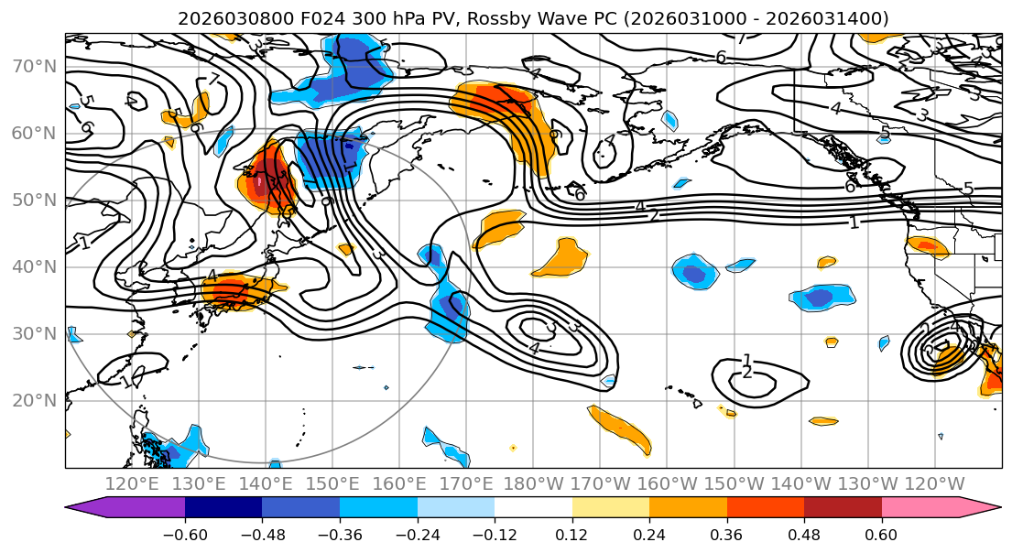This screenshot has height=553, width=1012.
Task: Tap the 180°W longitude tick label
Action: pos(533,484)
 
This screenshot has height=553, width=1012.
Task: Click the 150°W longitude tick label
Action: pos(735,484)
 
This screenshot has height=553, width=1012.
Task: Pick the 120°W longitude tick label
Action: pos(935,484)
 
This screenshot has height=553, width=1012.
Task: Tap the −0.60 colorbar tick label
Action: pos(184,535)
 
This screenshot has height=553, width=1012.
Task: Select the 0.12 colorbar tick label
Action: pos(571,535)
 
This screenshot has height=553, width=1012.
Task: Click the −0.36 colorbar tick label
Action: pos(339,535)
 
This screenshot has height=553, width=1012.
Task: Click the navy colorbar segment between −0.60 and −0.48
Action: pos(223,508)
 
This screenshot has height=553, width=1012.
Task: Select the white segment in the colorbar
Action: pos(533,508)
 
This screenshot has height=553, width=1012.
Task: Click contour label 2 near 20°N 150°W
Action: pos(746,373)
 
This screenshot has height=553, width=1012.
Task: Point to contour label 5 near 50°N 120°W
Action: pos(968,190)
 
